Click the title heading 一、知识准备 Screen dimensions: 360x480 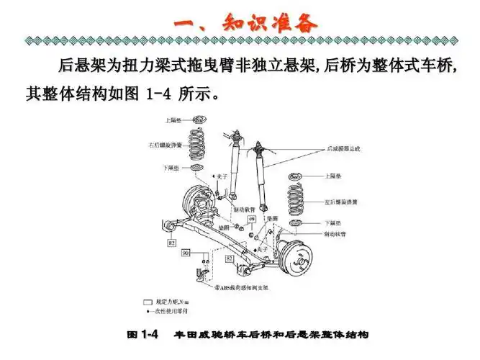click(x=245, y=23)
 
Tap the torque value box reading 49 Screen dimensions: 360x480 click(x=253, y=218)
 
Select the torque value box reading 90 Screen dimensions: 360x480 click(x=185, y=253)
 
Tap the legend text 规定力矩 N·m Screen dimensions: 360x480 click(x=166, y=302)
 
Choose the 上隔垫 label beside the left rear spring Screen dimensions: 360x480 click(x=332, y=175)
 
